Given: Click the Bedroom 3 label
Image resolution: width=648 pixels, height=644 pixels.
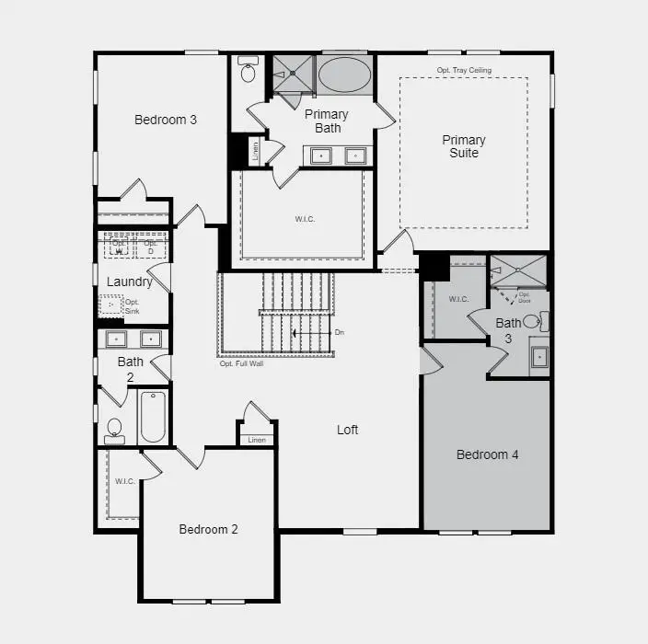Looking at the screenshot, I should pyautogui.click(x=166, y=120).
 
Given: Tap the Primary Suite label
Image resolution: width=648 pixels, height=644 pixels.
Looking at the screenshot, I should pyautogui.click(x=464, y=146).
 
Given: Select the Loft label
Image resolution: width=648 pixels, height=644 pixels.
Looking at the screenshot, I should pyautogui.click(x=347, y=430).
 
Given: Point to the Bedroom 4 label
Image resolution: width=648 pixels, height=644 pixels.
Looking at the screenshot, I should pyautogui.click(x=488, y=454).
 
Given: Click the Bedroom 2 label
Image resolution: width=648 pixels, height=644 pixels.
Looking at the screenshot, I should pyautogui.click(x=209, y=529).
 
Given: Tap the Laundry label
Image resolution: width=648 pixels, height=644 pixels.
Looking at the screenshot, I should pyautogui.click(x=130, y=282).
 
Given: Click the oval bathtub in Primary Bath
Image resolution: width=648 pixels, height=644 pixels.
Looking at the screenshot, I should pyautogui.click(x=344, y=74).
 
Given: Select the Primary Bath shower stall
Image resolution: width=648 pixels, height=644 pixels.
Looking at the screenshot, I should pyautogui.click(x=294, y=73).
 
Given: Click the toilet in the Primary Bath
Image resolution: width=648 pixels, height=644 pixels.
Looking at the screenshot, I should pyautogui.click(x=248, y=71).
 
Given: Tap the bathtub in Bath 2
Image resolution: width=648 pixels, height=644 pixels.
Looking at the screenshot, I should pyautogui.click(x=153, y=418).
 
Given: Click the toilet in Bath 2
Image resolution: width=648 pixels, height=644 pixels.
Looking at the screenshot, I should pyautogui.click(x=115, y=429).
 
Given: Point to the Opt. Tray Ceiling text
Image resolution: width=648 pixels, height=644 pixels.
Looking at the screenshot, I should pyautogui.click(x=464, y=70).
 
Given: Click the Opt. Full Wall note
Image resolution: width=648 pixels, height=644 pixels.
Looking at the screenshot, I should pyautogui.click(x=242, y=363).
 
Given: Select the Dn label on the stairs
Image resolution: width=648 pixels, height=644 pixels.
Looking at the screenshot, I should pyautogui.click(x=339, y=332).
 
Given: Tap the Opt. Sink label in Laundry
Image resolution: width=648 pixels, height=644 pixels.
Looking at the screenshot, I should pyautogui.click(x=132, y=307).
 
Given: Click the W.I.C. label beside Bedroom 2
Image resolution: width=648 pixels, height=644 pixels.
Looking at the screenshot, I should pyautogui.click(x=124, y=481).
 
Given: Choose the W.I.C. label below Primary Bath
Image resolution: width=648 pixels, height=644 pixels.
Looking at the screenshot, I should pyautogui.click(x=305, y=219).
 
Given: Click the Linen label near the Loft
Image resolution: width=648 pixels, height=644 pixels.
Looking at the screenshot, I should pyautogui.click(x=257, y=440).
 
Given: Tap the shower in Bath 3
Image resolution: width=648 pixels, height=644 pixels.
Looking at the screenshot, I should pyautogui.click(x=519, y=271).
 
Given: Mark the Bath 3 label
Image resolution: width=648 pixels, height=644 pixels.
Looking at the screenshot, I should pyautogui.click(x=508, y=330).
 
